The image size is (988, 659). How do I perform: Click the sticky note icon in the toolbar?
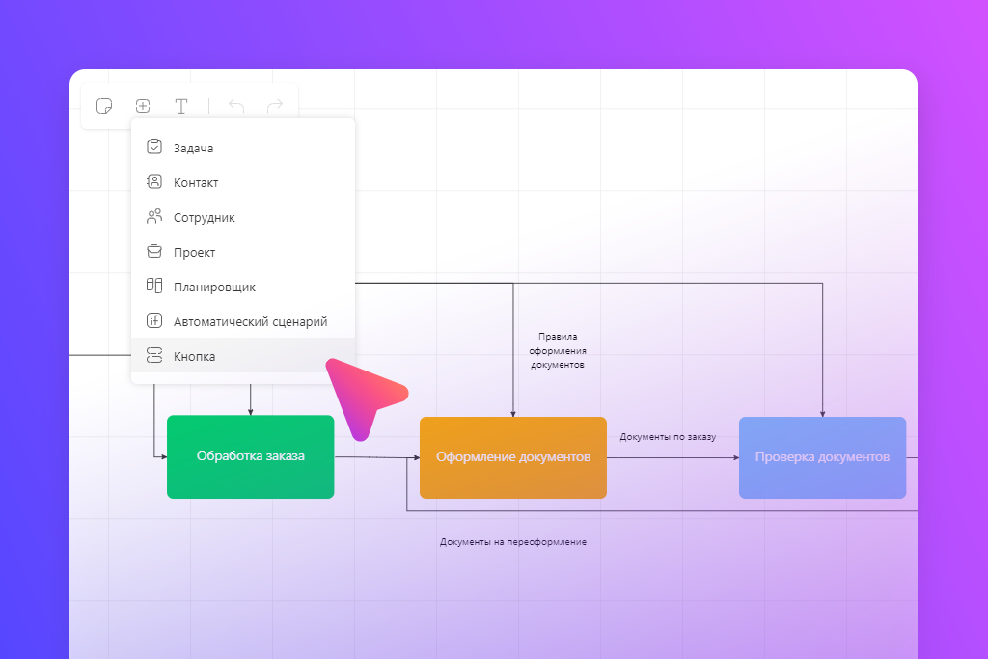[104, 106]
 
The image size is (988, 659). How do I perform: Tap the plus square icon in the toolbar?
[143, 106]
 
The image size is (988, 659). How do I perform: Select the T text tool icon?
[181, 106]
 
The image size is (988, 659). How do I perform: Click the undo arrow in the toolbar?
[236, 106]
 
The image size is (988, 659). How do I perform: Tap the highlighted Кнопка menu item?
[242, 356]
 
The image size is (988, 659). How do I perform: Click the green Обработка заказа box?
[250, 456]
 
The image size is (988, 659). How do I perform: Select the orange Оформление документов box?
[513, 457]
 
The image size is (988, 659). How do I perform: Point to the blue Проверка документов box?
[822, 457]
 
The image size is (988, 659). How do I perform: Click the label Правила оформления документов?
[558, 350]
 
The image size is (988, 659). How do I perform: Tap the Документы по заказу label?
[668, 437]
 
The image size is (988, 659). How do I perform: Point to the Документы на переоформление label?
[513, 542]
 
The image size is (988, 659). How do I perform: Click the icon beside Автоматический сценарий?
[154, 320]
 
